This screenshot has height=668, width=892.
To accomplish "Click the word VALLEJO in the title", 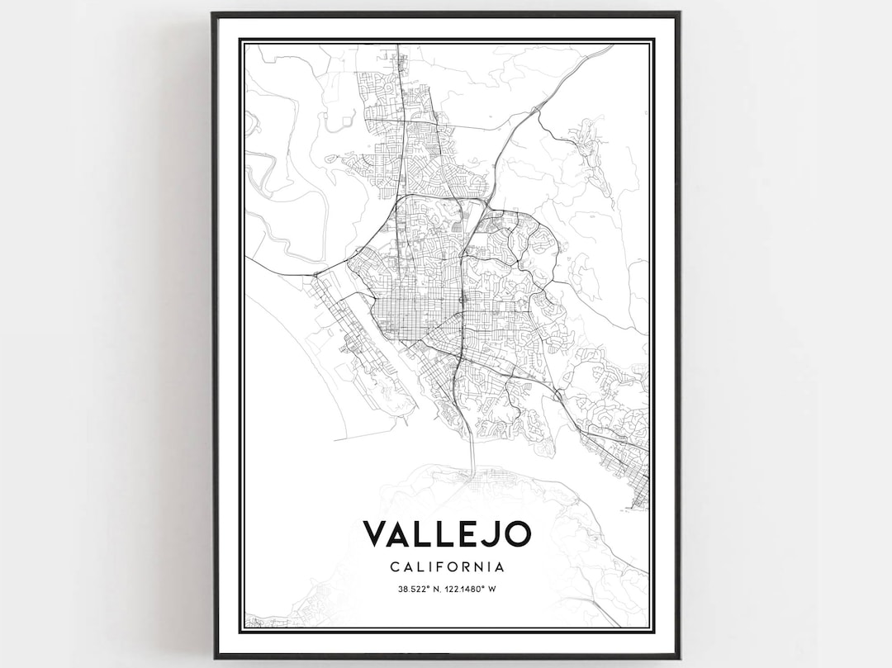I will point(446,533).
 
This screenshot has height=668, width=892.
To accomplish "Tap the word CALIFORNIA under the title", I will point(446,567).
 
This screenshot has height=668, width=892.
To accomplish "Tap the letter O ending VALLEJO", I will point(515,533).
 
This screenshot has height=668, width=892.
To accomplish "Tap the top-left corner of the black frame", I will point(214,14).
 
